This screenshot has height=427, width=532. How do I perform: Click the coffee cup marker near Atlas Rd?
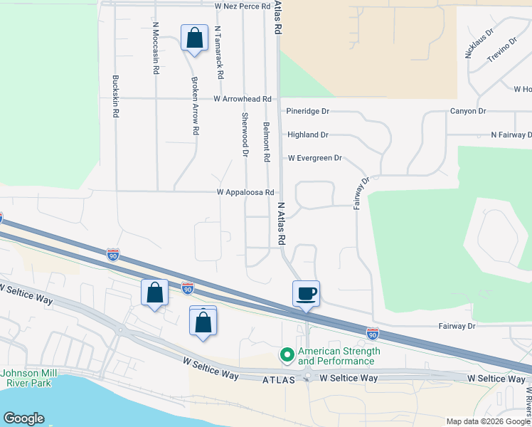click(306, 294)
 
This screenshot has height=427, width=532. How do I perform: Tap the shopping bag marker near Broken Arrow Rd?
click(194, 38)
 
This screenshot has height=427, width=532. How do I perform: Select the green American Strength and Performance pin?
click(287, 354)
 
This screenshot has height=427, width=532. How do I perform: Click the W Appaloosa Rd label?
click(245, 192)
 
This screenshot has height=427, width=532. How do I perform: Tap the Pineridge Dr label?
click(308, 112)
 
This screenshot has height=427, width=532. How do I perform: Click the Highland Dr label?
click(307, 135)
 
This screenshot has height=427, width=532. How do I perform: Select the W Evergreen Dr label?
click(314, 158)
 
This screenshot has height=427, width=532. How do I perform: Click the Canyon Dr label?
click(467, 111)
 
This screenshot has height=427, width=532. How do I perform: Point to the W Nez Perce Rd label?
click(243, 6)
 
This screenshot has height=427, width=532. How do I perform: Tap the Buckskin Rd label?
click(114, 96)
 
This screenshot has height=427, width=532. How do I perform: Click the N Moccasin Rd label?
click(155, 48)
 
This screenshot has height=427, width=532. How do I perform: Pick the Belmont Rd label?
click(267, 140)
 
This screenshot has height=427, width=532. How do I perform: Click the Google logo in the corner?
click(23, 418)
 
